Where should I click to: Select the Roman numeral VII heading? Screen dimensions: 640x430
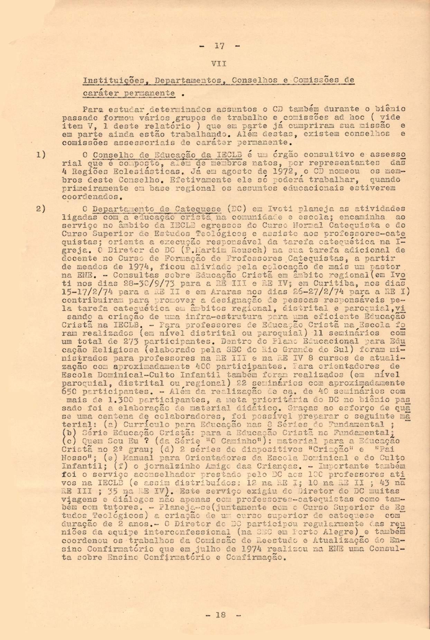tap(220, 64)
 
